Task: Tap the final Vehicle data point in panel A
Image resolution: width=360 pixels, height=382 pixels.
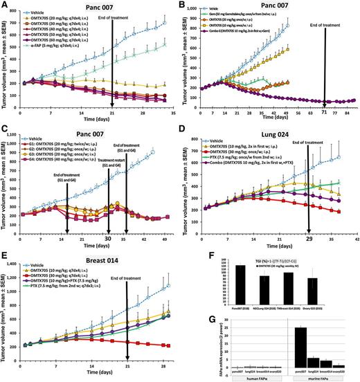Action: pos(165,23)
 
